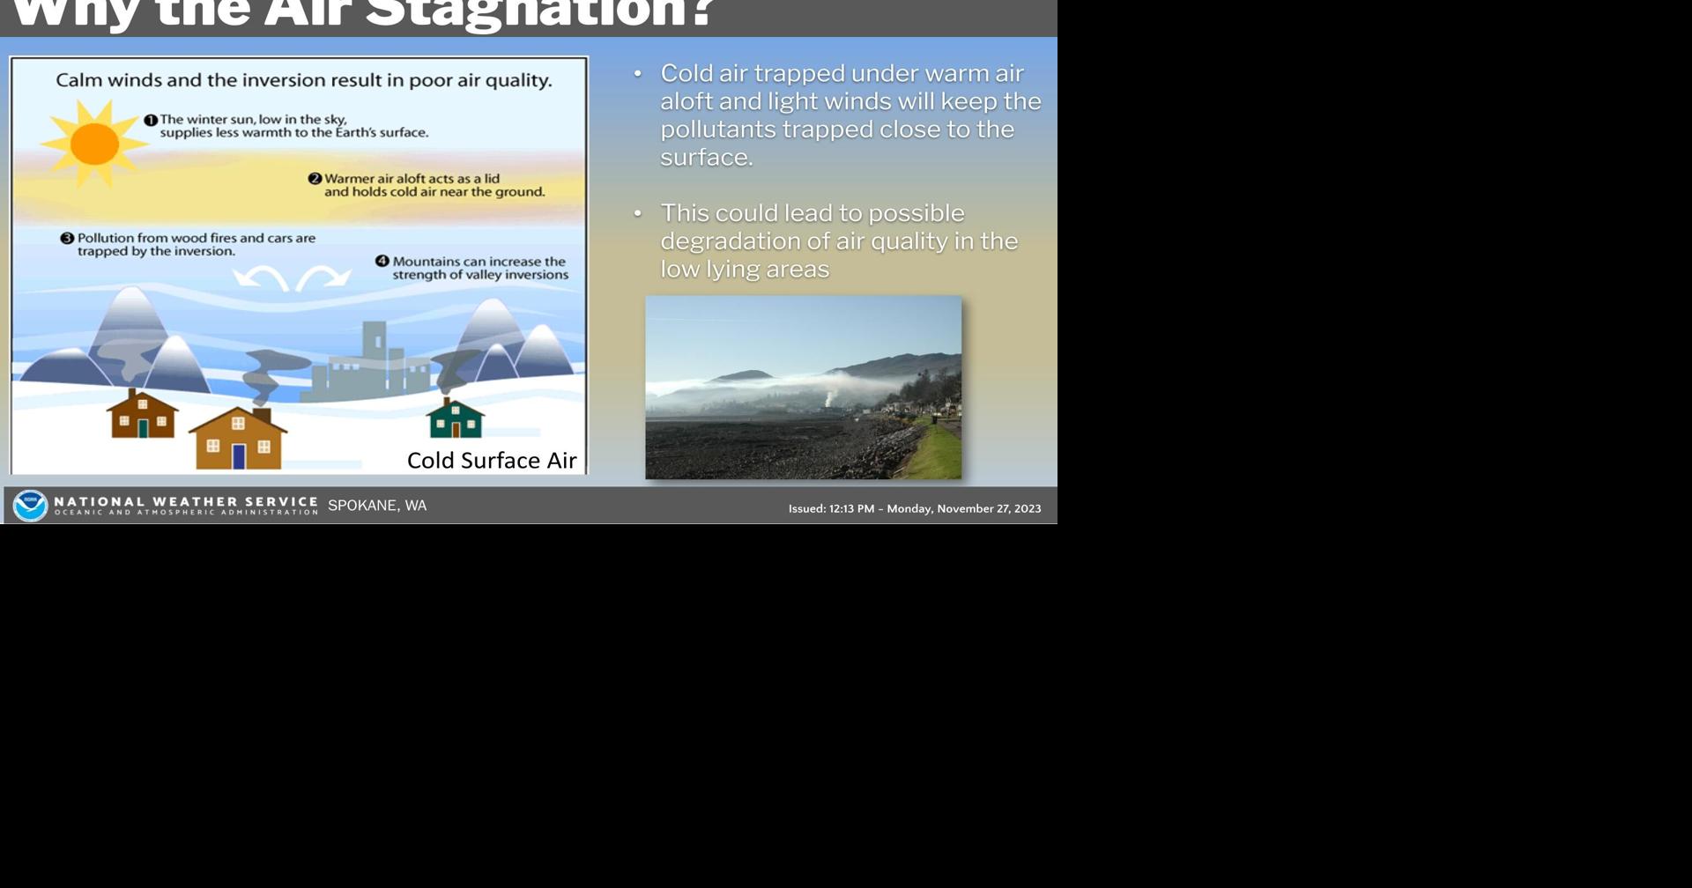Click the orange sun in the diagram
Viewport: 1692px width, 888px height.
(94, 144)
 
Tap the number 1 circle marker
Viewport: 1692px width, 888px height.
(151, 120)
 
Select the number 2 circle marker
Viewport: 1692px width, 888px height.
(315, 179)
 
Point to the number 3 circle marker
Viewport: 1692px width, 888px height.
(67, 238)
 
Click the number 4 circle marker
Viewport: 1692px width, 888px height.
(382, 261)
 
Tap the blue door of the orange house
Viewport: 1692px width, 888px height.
(239, 456)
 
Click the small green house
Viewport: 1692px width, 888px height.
(455, 419)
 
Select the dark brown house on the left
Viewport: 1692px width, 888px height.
(142, 416)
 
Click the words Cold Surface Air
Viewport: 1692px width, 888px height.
(492, 460)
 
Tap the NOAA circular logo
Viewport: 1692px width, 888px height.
(31, 506)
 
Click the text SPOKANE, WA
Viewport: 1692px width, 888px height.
(377, 506)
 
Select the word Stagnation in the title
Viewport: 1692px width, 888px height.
(538, 12)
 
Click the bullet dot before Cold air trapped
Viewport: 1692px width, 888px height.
(638, 74)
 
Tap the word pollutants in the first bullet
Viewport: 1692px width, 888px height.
(717, 129)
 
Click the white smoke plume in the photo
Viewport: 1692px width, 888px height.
(828, 398)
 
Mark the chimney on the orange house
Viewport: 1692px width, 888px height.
(262, 414)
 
